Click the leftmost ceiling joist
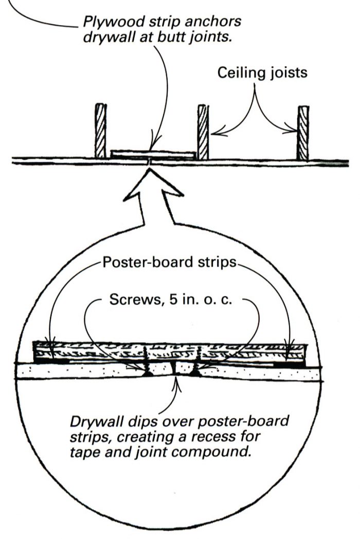100,131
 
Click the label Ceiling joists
262,72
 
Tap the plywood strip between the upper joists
153,154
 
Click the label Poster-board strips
170,263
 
